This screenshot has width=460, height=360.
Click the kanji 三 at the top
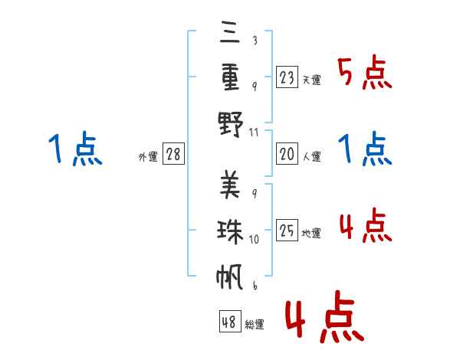[x=230, y=32]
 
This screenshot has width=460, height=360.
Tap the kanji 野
[x=231, y=124]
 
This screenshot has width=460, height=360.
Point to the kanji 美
[x=230, y=185]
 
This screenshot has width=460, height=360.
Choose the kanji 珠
[x=230, y=231]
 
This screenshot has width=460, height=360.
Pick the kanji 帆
[x=230, y=277]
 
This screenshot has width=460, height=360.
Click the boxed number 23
[x=287, y=77]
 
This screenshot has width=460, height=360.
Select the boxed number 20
[x=287, y=154]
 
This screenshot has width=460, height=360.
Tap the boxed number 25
[x=287, y=230]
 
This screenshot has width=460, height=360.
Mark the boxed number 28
[x=173, y=154]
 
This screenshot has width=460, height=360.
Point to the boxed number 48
[x=230, y=322]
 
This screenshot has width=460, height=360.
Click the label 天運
[x=312, y=80]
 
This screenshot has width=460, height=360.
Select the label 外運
[x=148, y=156]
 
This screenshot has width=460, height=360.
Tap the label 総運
[x=255, y=324]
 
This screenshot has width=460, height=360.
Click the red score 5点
[x=365, y=72]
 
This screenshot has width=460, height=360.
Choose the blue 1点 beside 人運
[x=365, y=149]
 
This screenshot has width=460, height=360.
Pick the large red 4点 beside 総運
[x=325, y=316]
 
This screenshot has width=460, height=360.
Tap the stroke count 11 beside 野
[x=254, y=133]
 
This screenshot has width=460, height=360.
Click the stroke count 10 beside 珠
[x=254, y=239]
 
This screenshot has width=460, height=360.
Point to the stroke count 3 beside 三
[x=255, y=40]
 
